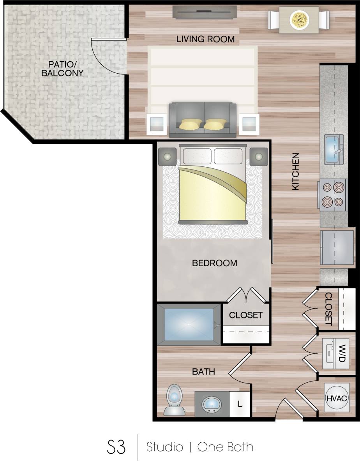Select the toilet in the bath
tap(174, 400)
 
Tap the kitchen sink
tap(334, 149)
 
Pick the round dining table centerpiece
tap(299, 19)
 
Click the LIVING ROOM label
tap(205, 39)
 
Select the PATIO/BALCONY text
tap(66, 68)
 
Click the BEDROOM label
tap(214, 263)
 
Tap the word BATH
tap(203, 372)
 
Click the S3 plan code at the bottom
tap(116, 447)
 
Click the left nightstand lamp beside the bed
tap(168, 157)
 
